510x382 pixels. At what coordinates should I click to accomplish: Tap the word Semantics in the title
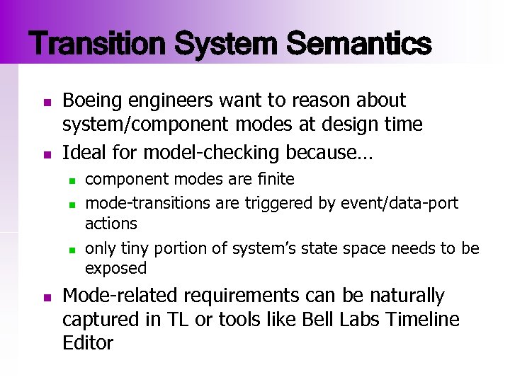pyautogui.click(x=360, y=44)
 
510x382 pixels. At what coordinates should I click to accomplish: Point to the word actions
pyautogui.click(x=110, y=224)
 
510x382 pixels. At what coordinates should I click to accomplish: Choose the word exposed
pyautogui.click(x=115, y=268)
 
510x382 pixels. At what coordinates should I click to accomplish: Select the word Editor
pyautogui.click(x=88, y=344)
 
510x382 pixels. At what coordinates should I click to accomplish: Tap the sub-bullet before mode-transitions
pyautogui.click(x=72, y=205)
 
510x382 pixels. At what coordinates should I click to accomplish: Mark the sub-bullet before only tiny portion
pyautogui.click(x=72, y=250)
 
